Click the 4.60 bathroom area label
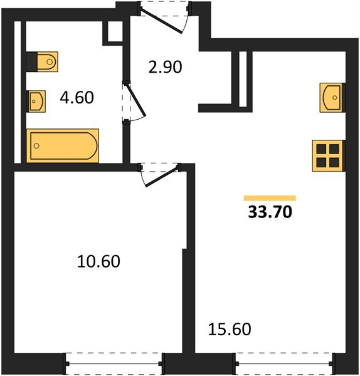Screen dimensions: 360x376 (77, 98)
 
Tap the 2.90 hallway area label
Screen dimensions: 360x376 (166, 67)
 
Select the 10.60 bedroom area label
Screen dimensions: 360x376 (98, 261)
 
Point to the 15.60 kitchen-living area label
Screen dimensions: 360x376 (230, 329)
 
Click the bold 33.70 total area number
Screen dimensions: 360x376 (270, 212)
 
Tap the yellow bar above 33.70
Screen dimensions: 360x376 (270, 198)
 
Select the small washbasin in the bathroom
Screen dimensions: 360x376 (37, 101)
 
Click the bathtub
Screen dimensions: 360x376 (63, 146)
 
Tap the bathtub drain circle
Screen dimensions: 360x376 (36, 146)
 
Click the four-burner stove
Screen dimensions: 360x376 (328, 156)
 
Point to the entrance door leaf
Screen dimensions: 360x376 (161, 20)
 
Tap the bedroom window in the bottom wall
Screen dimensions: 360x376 (114, 363)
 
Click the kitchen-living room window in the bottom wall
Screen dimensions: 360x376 (285, 363)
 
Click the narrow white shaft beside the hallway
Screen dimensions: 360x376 (243, 79)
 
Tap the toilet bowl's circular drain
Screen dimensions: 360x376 (50, 62)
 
